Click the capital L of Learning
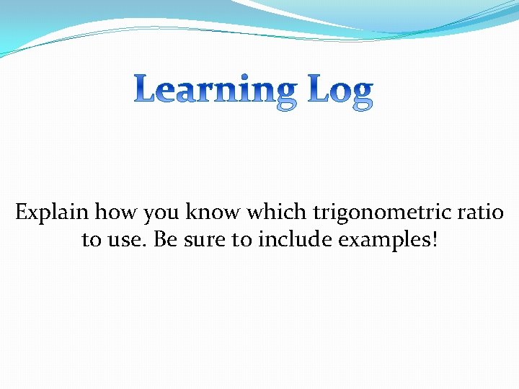pyautogui.click(x=146, y=89)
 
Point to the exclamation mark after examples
pyautogui.click(x=433, y=240)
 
